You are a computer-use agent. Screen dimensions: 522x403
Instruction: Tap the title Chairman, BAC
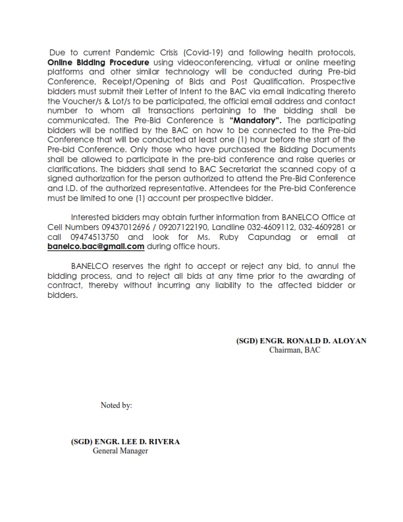[x=294, y=350]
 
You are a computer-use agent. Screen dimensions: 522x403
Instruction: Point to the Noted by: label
[x=117, y=405]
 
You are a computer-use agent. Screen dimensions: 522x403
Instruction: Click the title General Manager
[x=120, y=451]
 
